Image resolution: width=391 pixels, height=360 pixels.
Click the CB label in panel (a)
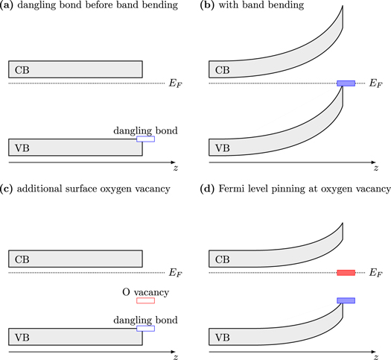click(22, 69)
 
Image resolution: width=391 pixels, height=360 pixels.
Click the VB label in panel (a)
click(22, 147)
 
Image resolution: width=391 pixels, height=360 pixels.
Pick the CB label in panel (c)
click(22, 259)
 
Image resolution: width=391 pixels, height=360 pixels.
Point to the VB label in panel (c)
click(22, 337)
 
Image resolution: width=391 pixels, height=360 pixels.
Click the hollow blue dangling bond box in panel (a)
click(145, 139)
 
